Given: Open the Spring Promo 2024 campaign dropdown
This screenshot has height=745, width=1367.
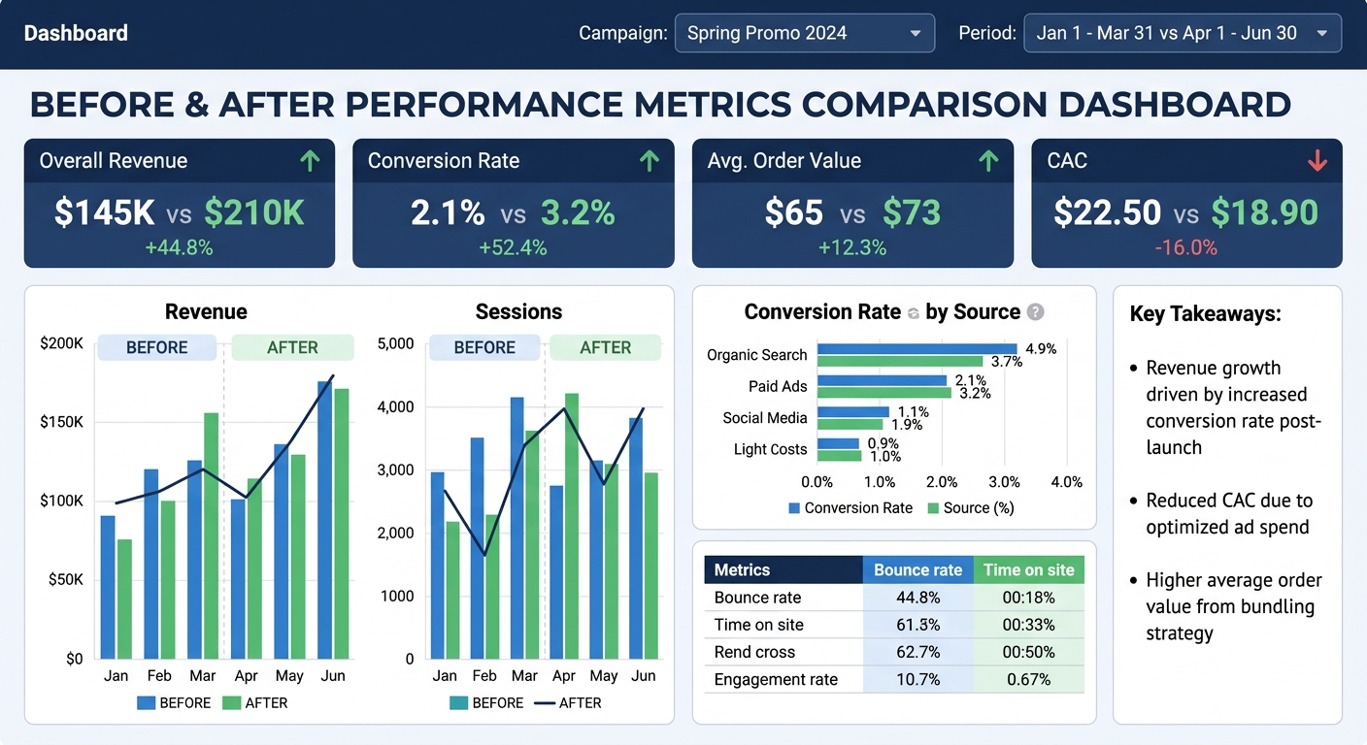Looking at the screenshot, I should pyautogui.click(x=804, y=33).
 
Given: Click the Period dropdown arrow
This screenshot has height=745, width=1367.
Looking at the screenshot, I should pyautogui.click(x=1321, y=34).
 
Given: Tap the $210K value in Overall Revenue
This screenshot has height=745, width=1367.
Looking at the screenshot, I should pyautogui.click(x=254, y=212).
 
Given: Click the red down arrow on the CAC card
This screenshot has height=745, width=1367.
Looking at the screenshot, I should pyautogui.click(x=1317, y=161).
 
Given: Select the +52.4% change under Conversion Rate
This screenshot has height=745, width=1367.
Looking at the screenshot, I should pyautogui.click(x=513, y=248).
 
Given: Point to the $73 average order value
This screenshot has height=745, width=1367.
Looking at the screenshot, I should pyautogui.click(x=912, y=212).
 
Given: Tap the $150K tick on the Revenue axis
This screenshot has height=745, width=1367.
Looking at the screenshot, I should pyautogui.click(x=61, y=422).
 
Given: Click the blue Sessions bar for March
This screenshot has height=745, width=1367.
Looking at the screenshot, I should pyautogui.click(x=517, y=528).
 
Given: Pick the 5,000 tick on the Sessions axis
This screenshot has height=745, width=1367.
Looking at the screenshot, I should pyautogui.click(x=395, y=343).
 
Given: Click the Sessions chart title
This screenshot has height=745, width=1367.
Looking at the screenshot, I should pyautogui.click(x=518, y=311).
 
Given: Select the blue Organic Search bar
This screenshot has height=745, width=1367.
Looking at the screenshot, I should pyautogui.click(x=917, y=349).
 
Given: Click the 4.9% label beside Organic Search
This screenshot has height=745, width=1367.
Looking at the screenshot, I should pyautogui.click(x=1041, y=348).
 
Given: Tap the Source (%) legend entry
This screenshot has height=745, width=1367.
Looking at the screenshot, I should pyautogui.click(x=971, y=507).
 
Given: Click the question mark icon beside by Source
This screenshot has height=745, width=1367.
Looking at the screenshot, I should pyautogui.click(x=1036, y=312).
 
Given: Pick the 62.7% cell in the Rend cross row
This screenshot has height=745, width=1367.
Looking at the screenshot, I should pyautogui.click(x=917, y=652).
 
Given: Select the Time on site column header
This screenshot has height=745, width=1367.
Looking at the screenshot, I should pyautogui.click(x=1029, y=570).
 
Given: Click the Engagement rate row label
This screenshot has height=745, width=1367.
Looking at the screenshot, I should pyautogui.click(x=776, y=679).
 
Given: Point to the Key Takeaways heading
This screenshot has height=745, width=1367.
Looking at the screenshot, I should pyautogui.click(x=1205, y=313).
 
